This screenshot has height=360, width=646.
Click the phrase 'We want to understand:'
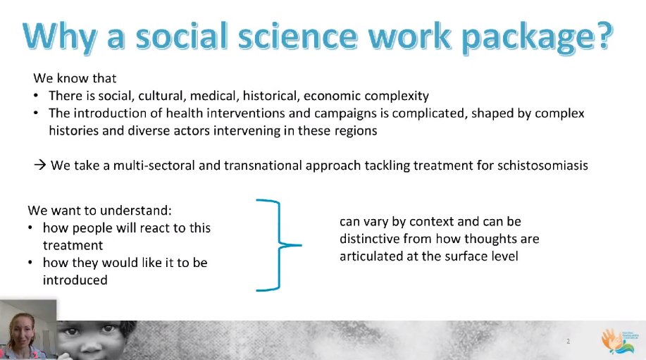(89, 210)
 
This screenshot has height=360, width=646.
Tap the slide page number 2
(568, 342)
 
